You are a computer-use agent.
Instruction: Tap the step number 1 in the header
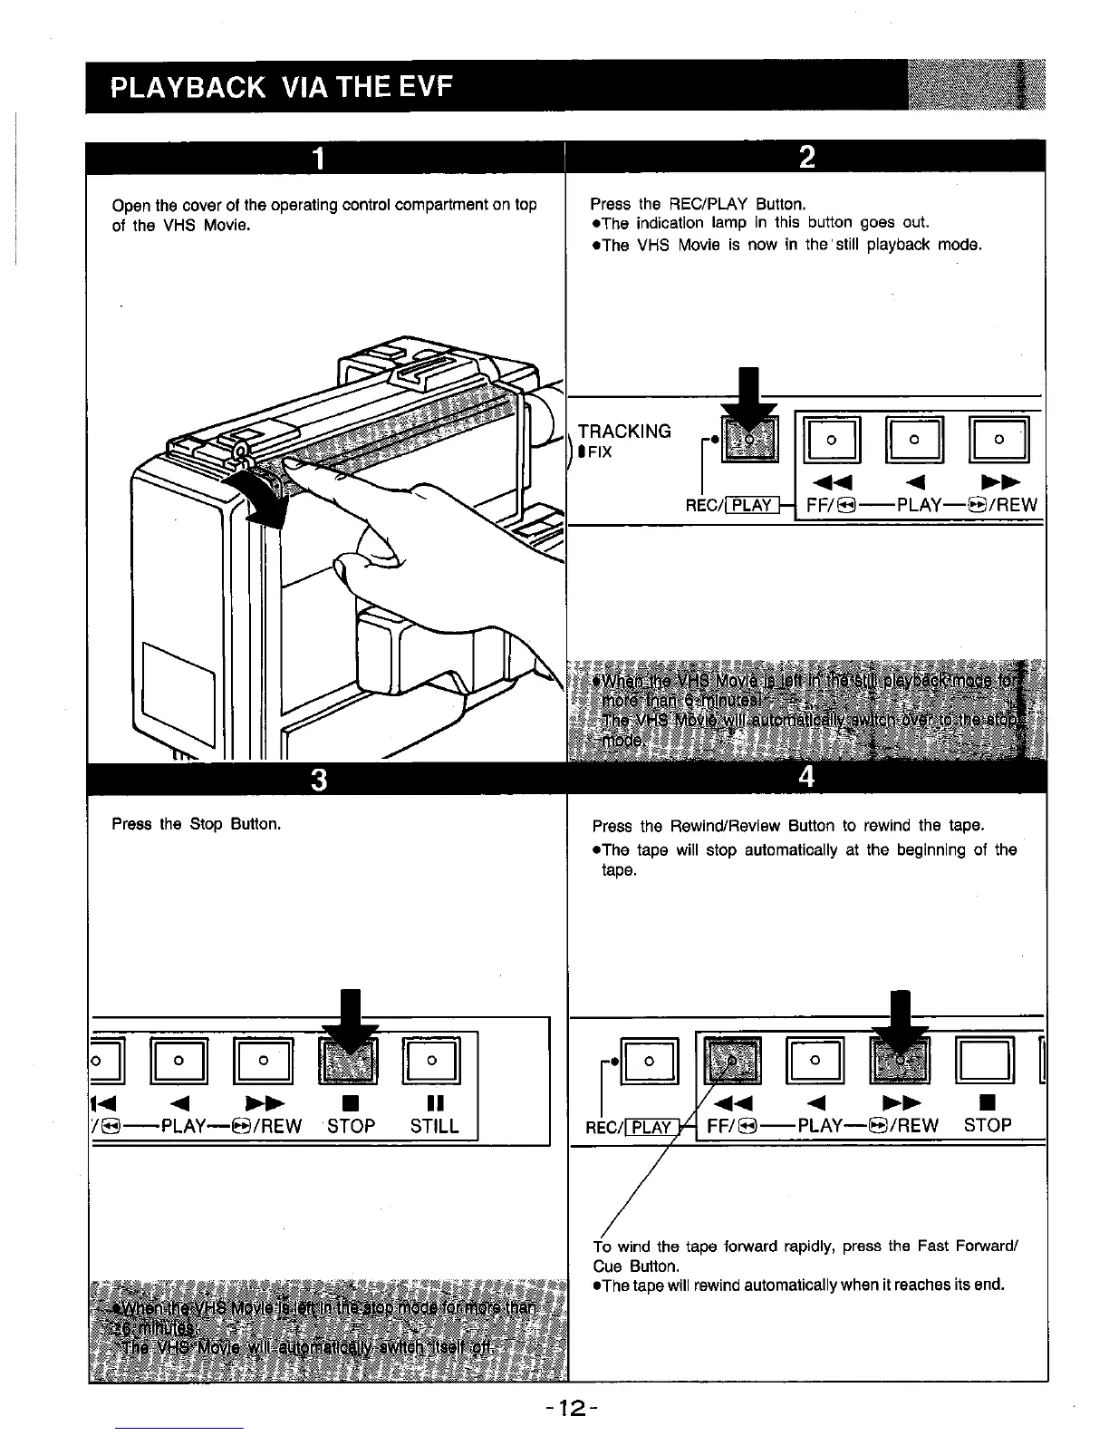[x=317, y=158]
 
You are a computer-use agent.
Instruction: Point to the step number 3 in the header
[x=317, y=779]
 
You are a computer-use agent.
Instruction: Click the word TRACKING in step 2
[x=624, y=432]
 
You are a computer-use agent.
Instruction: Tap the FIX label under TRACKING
[x=599, y=452]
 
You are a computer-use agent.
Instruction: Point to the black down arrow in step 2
[x=749, y=394]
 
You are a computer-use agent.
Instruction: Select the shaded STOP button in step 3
[x=349, y=1060]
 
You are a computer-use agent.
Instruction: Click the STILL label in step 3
[x=434, y=1126]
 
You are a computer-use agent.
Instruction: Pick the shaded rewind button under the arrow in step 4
[x=898, y=1059]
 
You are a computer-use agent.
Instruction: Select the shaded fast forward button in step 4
[x=732, y=1059]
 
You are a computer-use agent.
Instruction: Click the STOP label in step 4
[x=987, y=1125]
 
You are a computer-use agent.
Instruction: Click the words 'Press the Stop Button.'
[x=196, y=824]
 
